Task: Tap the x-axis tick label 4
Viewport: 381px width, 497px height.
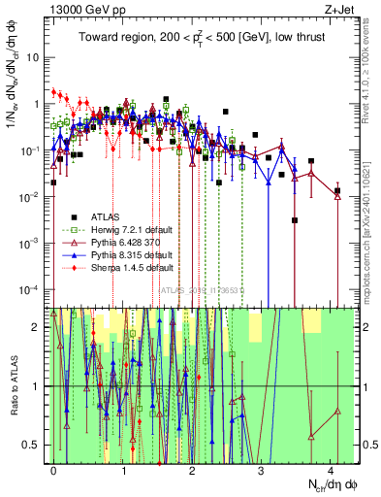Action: coord(331,469)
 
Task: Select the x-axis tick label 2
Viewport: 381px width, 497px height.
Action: coord(192,469)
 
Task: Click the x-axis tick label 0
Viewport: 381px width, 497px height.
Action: coord(54,469)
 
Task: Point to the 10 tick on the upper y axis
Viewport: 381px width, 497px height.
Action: coord(33,56)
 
